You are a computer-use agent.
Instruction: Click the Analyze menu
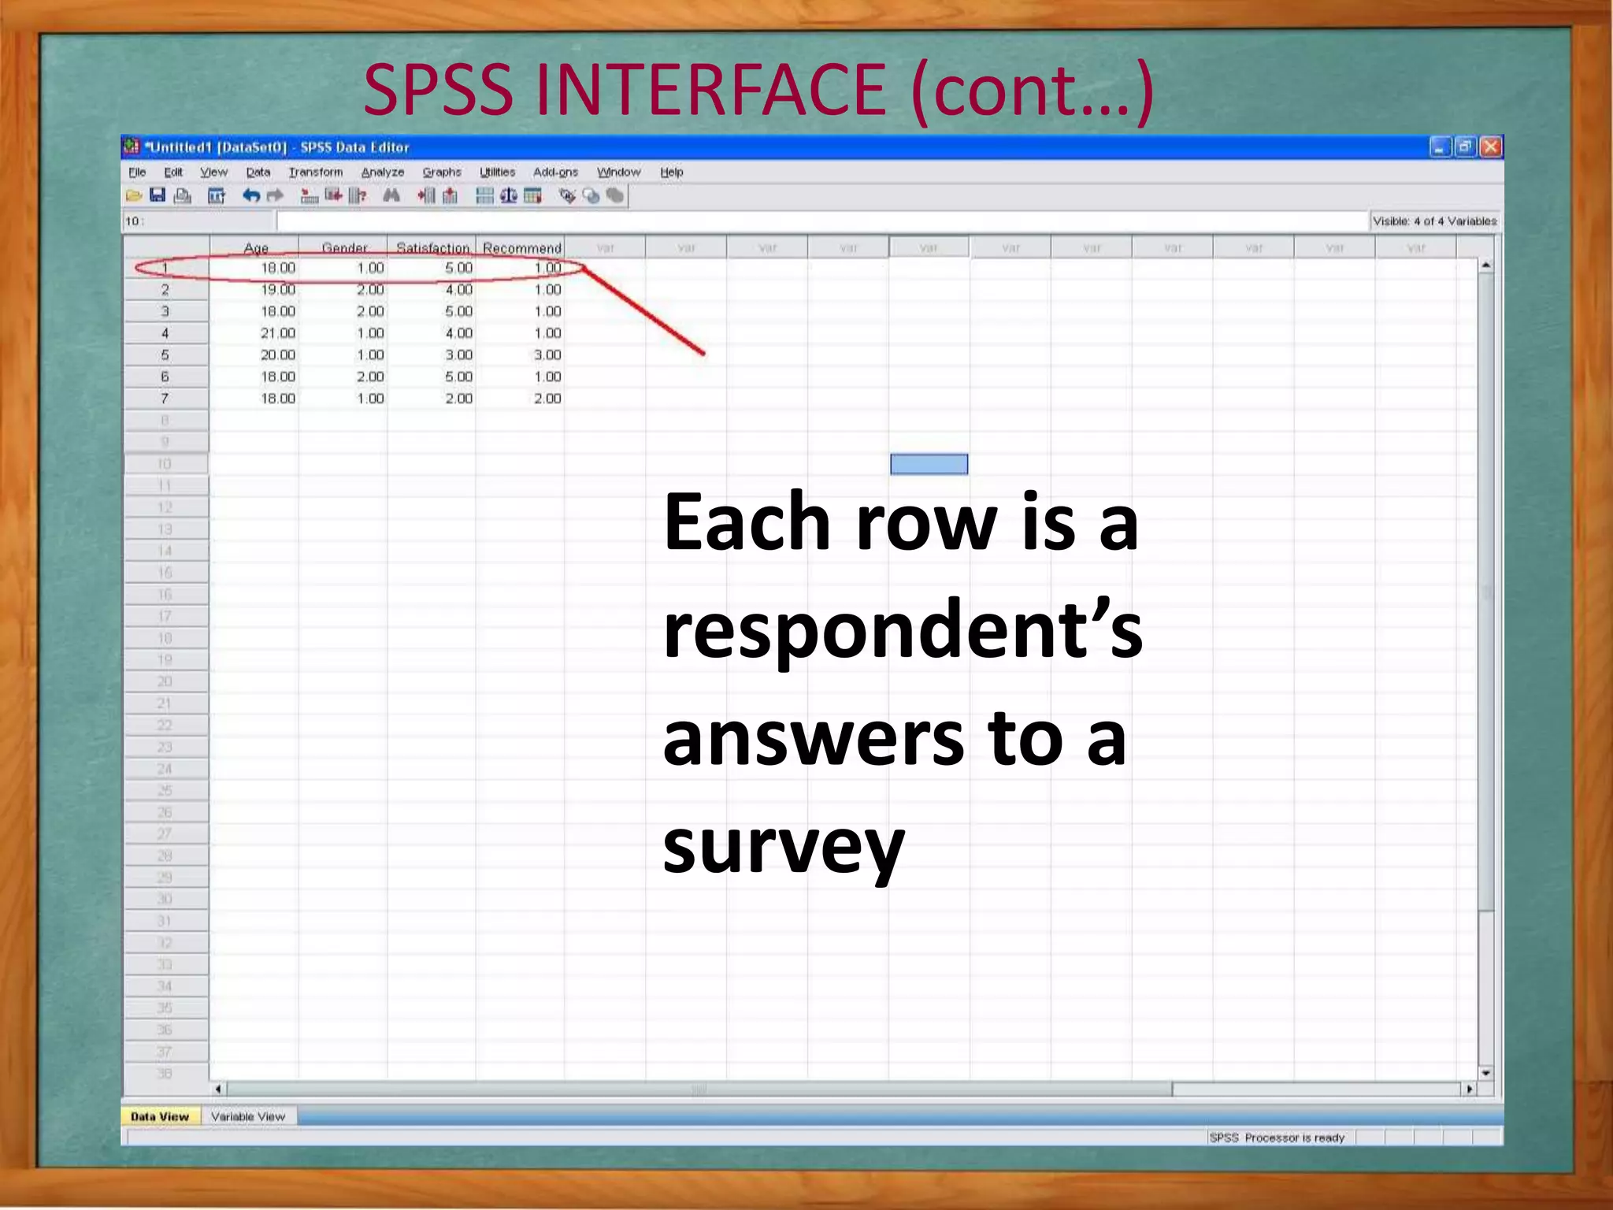click(382, 172)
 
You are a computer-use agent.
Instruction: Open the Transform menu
click(315, 172)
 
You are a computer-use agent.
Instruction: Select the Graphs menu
click(441, 172)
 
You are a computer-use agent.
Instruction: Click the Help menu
click(671, 172)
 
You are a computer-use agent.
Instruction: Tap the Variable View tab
click(247, 1116)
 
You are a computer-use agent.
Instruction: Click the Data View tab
click(160, 1116)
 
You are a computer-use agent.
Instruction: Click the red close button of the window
click(1490, 147)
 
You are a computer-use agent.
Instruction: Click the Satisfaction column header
click(432, 247)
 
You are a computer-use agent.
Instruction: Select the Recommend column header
click(521, 247)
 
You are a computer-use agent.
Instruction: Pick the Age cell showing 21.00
click(277, 333)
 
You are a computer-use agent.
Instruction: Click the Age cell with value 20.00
click(277, 355)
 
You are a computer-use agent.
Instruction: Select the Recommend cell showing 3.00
click(547, 355)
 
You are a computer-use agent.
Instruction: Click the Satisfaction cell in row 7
click(458, 399)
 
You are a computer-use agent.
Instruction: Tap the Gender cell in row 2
click(369, 290)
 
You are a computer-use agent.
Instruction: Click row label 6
click(165, 377)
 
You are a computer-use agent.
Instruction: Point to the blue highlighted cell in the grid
click(929, 464)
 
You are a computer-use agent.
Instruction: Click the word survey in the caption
click(783, 847)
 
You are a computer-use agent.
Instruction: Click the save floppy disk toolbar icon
click(158, 195)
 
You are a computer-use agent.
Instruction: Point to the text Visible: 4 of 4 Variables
click(1434, 221)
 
